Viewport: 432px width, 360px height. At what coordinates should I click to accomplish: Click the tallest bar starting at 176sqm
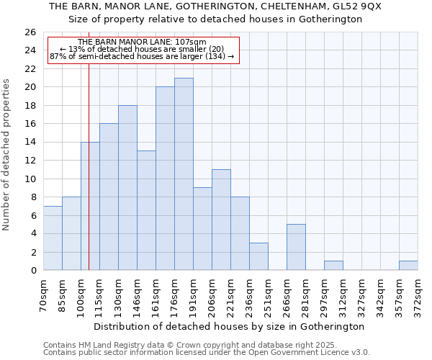(184, 174)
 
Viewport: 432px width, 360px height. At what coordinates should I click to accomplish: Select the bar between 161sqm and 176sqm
(165, 179)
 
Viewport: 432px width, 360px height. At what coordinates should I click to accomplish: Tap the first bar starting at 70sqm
(53, 238)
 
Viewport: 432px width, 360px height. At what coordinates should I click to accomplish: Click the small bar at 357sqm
(408, 266)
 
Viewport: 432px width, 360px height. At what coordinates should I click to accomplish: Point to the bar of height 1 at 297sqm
(333, 266)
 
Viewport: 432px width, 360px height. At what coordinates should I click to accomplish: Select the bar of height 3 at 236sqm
(258, 256)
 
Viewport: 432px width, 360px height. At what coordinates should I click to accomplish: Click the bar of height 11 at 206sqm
(221, 220)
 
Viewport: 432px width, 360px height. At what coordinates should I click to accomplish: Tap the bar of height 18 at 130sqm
(127, 188)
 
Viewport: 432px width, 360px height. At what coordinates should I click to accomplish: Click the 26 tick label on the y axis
(30, 32)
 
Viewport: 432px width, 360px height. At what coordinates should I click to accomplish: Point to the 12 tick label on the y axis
(30, 161)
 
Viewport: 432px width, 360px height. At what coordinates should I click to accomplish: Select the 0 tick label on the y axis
(32, 271)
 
